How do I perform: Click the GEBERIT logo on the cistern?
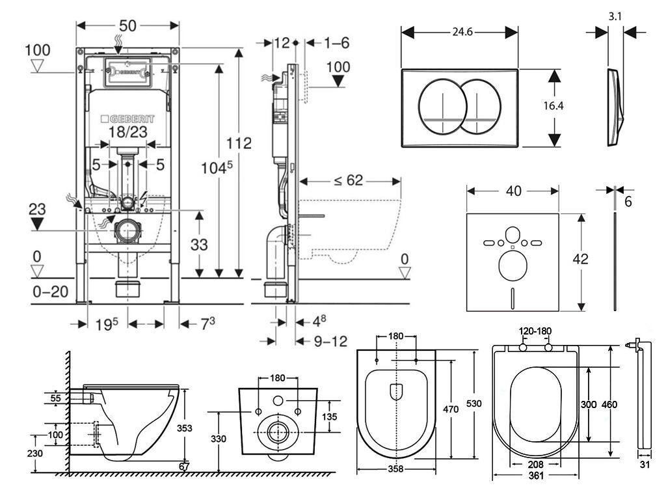tap(128, 120)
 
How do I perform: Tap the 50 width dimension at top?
tap(127, 26)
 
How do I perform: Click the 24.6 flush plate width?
tap(459, 29)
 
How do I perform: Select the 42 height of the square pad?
tap(581, 258)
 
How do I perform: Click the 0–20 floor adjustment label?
tap(51, 291)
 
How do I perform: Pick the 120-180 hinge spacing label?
tap(535, 331)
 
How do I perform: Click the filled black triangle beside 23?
tap(38, 224)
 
